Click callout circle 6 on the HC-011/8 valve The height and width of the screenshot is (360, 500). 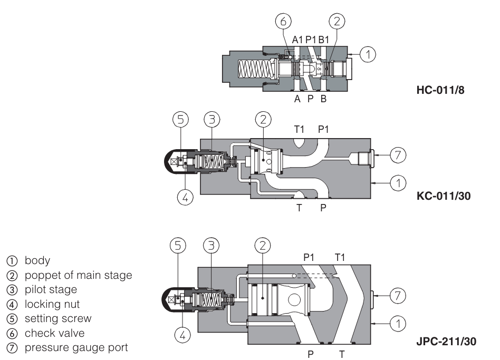[283, 22]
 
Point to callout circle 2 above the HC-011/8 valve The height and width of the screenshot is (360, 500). [337, 22]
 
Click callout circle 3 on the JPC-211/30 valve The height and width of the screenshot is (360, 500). [210, 246]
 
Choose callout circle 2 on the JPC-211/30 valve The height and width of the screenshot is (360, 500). [262, 246]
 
